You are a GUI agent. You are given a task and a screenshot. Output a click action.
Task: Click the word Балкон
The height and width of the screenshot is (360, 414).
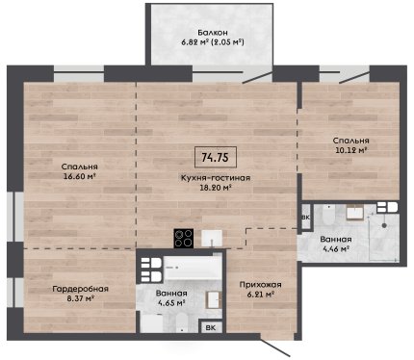[213, 33]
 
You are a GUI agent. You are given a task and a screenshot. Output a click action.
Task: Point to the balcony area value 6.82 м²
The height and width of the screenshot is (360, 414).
[195, 42]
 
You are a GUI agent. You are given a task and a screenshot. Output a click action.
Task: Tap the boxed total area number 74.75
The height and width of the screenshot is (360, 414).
[216, 157]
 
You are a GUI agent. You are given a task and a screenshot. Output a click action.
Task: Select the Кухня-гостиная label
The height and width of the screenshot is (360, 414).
[216, 178]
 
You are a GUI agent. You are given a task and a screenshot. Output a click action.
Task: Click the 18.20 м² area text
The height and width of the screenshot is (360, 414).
[216, 188]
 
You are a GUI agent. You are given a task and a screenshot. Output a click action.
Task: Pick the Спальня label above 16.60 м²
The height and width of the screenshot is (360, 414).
[79, 167]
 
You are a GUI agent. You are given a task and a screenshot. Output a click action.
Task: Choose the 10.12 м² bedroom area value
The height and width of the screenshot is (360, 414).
[351, 150]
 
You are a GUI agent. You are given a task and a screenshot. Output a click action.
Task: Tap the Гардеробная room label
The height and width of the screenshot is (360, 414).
[81, 289]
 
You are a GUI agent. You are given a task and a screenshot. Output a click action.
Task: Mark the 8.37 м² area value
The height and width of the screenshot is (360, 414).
[81, 298]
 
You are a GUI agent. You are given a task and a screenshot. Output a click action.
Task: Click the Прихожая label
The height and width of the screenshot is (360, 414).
[261, 285]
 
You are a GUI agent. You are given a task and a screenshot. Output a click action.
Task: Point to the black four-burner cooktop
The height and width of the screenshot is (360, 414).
[184, 238]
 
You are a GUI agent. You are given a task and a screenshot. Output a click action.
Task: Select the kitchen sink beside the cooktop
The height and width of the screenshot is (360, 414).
[212, 239]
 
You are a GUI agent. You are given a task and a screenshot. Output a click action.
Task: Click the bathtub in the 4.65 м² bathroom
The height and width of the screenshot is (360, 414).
[193, 268]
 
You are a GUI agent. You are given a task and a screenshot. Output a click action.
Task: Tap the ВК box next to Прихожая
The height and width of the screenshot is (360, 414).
[211, 327]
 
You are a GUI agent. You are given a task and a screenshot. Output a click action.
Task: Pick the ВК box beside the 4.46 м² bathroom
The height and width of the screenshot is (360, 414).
[306, 218]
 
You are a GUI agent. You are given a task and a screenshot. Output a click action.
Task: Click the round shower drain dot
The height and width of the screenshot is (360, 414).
[384, 225]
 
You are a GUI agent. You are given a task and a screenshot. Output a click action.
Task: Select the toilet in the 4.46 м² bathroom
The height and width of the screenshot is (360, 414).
[328, 216]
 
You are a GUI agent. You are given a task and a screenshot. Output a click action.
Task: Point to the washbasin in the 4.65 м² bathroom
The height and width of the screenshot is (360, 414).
[214, 300]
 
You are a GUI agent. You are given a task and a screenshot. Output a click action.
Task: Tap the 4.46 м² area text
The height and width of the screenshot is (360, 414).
[335, 248]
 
